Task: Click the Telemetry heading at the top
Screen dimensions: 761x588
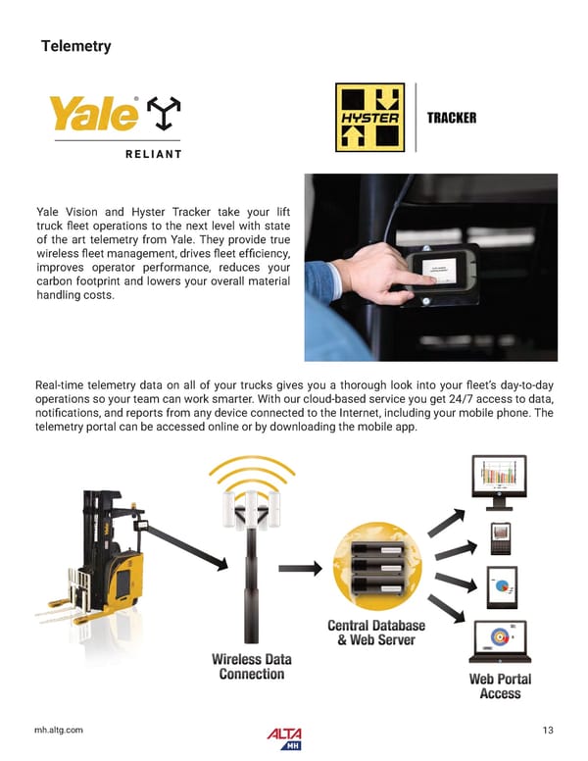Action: [x=75, y=46]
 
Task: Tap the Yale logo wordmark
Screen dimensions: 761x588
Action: [x=95, y=115]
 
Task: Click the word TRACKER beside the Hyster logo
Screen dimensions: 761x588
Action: [x=452, y=119]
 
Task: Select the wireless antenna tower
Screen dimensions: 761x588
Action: [x=249, y=559]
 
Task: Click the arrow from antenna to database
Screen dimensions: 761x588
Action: [x=310, y=567]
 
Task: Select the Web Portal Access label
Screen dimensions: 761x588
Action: [x=500, y=685]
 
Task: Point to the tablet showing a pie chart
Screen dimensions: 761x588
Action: [x=502, y=586]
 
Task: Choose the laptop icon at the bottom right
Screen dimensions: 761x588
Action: [x=500, y=640]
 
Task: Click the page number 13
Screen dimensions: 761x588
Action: [x=548, y=730]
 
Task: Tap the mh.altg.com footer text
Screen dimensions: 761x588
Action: [x=59, y=730]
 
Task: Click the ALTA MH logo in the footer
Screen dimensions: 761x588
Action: [x=284, y=736]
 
